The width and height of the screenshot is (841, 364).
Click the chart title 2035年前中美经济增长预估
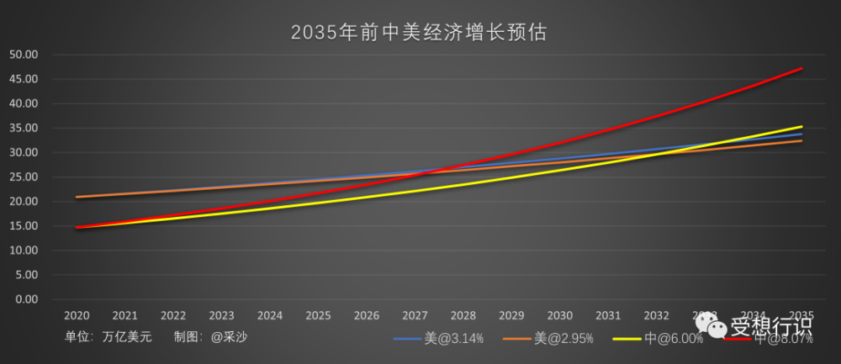420,33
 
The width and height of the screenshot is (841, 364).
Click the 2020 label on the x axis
77,316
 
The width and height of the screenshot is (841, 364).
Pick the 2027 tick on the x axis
415,316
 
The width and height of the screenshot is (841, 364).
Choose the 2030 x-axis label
560,316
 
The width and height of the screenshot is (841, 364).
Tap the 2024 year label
270,316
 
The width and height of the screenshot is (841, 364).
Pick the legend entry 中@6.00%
669,339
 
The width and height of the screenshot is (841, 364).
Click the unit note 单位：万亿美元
108,336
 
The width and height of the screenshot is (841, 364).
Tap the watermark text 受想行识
771,324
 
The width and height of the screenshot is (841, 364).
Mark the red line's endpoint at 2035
802,68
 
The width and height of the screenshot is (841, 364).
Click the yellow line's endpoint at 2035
802,127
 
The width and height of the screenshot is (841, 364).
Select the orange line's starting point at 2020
77,197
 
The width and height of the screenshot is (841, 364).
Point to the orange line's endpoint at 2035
802,140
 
